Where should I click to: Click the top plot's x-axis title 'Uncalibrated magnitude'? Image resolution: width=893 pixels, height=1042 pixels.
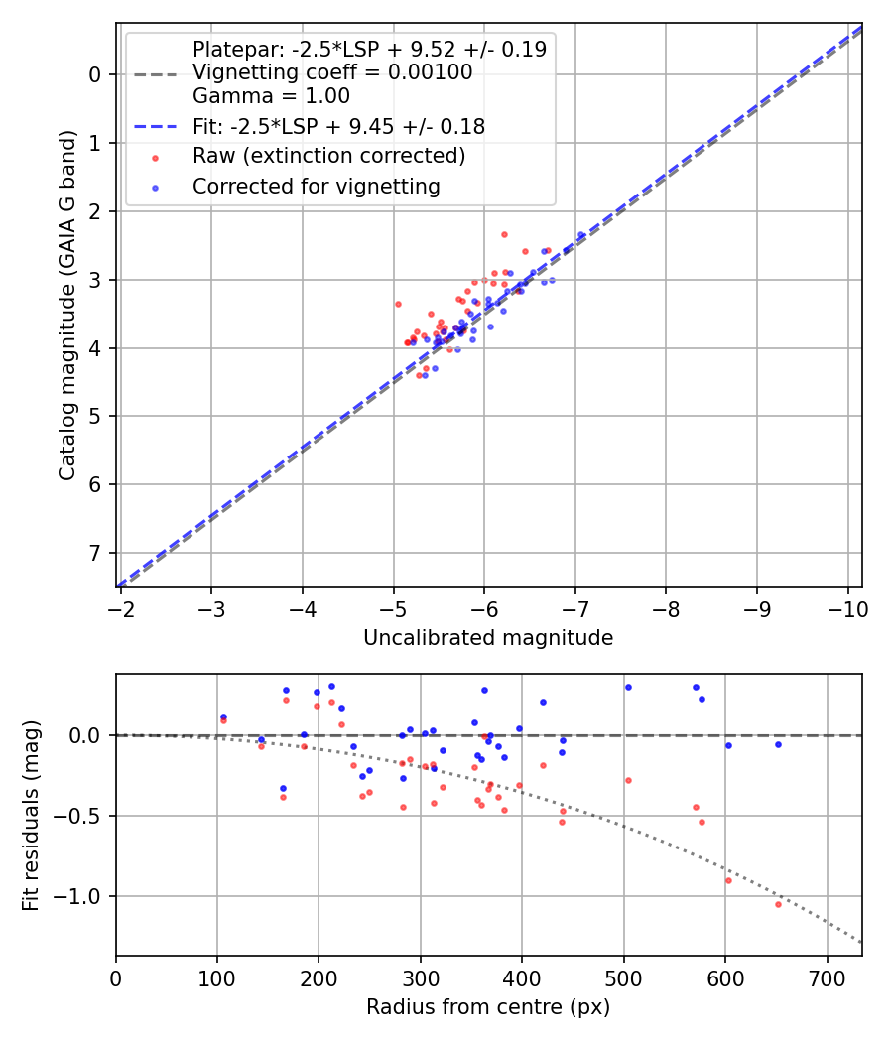488,638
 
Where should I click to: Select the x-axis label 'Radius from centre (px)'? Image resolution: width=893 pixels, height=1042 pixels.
488,1007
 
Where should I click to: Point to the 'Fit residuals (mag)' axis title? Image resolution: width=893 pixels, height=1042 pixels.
31,816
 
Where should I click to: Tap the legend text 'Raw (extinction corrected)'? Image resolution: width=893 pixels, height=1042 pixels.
328,156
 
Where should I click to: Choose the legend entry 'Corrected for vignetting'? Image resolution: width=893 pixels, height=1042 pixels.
316,186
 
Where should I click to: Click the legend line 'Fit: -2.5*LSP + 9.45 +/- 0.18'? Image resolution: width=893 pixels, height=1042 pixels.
338,126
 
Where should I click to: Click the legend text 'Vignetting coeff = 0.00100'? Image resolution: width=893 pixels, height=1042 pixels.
332,72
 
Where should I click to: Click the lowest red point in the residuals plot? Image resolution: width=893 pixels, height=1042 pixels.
778,904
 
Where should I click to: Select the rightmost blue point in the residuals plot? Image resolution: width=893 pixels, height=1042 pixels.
778,744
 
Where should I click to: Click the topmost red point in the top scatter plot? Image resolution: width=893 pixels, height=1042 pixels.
504,234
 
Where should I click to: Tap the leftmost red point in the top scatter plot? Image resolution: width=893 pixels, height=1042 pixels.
398,304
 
